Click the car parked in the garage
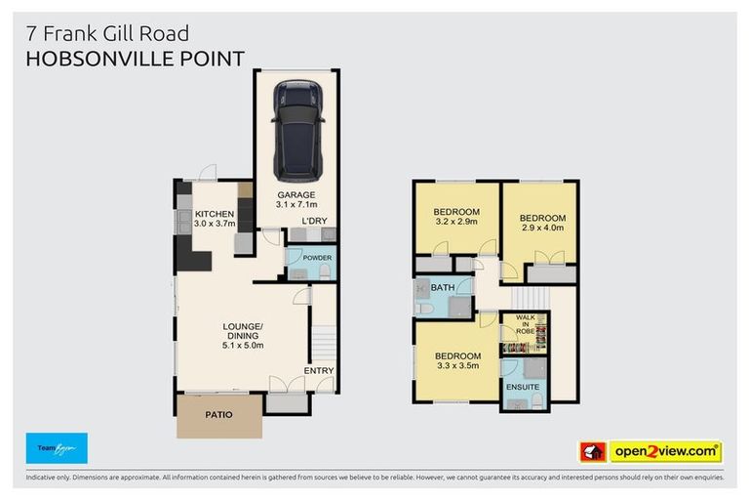297,130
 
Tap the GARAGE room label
296,194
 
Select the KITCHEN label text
214,214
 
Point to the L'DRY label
314,222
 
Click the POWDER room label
317,258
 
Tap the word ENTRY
318,370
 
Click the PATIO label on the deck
218,415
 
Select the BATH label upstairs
443,287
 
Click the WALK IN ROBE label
525,324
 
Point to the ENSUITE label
522,388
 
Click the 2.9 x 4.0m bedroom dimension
541,229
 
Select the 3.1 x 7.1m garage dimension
296,204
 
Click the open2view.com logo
665,451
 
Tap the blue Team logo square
57,448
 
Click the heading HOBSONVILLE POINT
135,59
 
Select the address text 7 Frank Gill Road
107,36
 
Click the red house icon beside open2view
592,451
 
